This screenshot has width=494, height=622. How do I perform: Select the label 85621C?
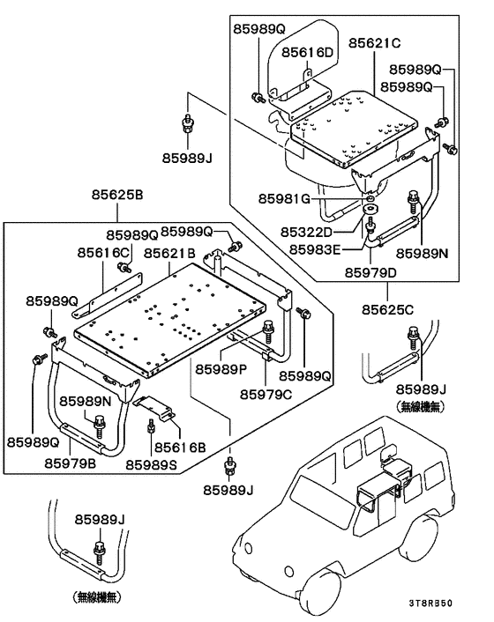click(374, 43)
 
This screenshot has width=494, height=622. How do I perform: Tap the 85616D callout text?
click(308, 53)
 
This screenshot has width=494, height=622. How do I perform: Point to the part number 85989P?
click(221, 368)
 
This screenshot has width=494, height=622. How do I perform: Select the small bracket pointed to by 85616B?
click(155, 406)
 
